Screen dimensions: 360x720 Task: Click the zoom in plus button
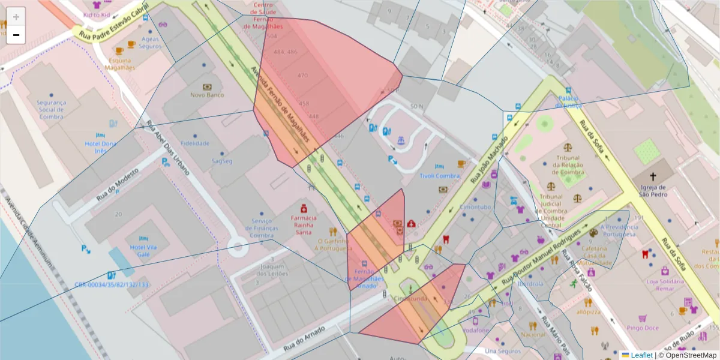16,17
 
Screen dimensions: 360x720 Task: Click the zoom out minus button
16,35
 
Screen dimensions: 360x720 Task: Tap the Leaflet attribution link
641,355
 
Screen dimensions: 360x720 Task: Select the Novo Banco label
207,95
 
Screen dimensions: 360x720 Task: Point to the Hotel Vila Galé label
143,251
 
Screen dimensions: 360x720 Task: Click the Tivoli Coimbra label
439,176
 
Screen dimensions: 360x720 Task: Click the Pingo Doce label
643,328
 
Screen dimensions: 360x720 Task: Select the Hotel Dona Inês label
100,147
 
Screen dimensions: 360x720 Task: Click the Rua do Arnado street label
304,338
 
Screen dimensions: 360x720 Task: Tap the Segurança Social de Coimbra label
51,109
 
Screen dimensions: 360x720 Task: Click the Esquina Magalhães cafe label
120,64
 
